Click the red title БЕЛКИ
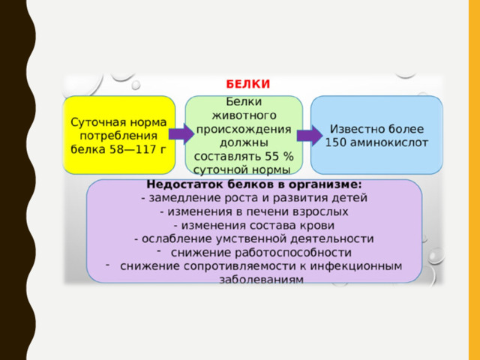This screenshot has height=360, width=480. pyautogui.click(x=248, y=84)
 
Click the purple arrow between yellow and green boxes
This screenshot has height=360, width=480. pyautogui.click(x=181, y=133)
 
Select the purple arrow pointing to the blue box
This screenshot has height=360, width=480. pyautogui.click(x=310, y=135)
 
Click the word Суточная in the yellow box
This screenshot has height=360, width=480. pyautogui.click(x=98, y=122)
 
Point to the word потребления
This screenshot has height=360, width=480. pyautogui.click(x=118, y=136)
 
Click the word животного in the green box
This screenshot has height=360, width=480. pyautogui.click(x=244, y=115)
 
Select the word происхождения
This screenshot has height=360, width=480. pyautogui.click(x=244, y=129)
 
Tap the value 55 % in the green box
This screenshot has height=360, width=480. pyautogui.click(x=279, y=157)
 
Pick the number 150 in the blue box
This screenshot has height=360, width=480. pyautogui.click(x=335, y=142)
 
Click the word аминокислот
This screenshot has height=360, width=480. pyautogui.click(x=388, y=142)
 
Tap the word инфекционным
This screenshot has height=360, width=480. pyautogui.click(x=356, y=266)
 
